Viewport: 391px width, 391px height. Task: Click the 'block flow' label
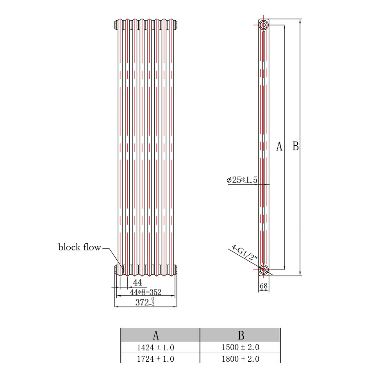80,247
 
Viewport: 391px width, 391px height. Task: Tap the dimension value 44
137,282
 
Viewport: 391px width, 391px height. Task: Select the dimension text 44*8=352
146,292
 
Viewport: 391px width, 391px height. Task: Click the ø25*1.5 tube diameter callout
242,180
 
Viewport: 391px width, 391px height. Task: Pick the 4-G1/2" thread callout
245,252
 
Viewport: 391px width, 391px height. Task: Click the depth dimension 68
264,286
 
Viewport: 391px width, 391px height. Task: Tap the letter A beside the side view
279,146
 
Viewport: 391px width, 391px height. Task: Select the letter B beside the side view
295,146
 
